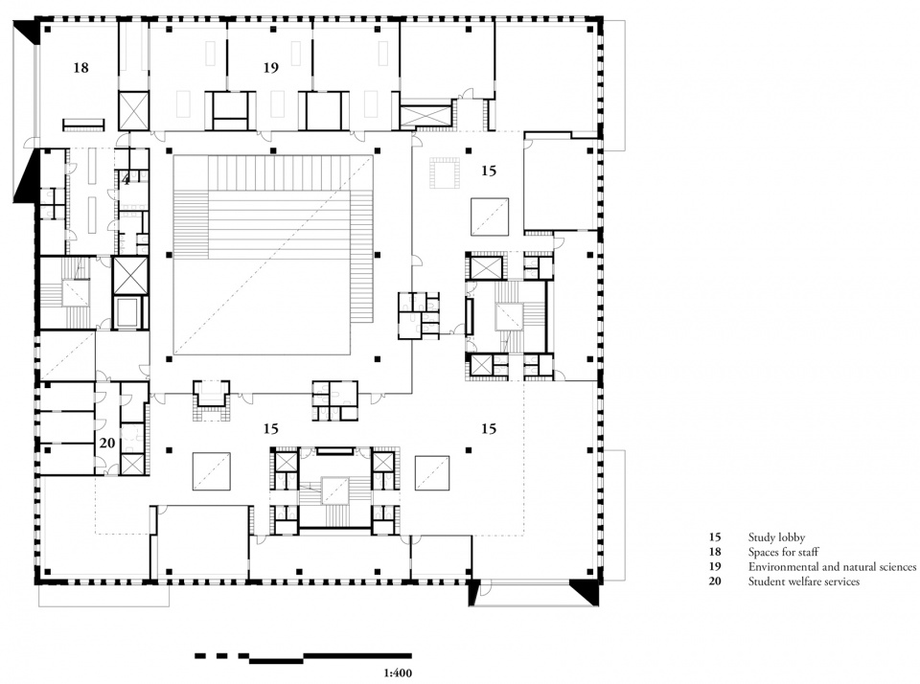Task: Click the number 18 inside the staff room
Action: tap(80, 67)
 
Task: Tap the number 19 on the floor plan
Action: tap(270, 67)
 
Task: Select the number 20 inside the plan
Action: tap(107, 443)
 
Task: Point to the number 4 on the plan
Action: tap(126, 180)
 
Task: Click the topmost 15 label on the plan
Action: tap(489, 171)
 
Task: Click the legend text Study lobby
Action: tap(776, 537)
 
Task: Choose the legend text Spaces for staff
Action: tap(783, 552)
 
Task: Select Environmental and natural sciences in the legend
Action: tap(832, 567)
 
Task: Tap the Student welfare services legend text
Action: tap(804, 581)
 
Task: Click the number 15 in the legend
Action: tap(715, 537)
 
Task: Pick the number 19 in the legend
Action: tap(715, 567)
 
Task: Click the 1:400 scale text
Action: tap(398, 673)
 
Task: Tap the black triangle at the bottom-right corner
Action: tap(586, 592)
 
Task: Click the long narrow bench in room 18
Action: tap(83, 125)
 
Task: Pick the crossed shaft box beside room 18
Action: tap(134, 110)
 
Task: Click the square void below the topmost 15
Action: tap(490, 217)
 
